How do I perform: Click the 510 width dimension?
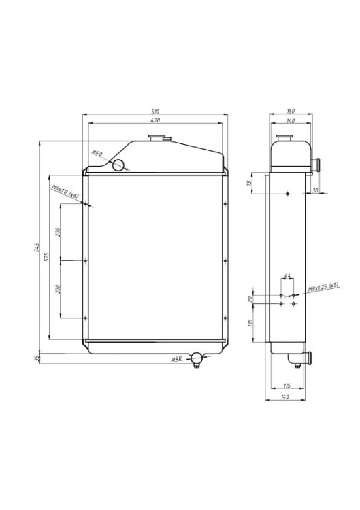coord(154,111)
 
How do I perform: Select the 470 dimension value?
coord(154,120)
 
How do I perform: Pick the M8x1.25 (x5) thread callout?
coord(323,288)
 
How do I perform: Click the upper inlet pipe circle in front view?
coord(118,164)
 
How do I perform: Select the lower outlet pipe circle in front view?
coord(197,358)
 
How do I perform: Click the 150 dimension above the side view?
coord(291,111)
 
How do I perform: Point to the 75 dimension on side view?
coord(250,182)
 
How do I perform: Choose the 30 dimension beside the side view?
coord(314,190)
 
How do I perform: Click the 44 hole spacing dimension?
coord(287,276)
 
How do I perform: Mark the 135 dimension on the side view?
coord(250,322)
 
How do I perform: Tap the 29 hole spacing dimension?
coord(250,299)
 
